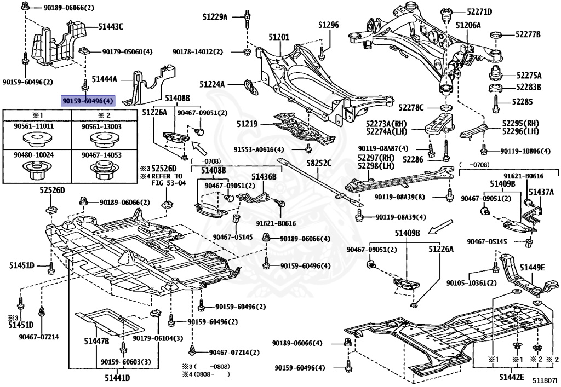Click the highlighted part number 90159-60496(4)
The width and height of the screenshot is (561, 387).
coord(88,101)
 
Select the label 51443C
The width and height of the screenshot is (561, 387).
coord(111,26)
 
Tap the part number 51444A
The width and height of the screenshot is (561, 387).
coord(105,79)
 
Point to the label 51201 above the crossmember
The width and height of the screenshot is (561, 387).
coord(278,37)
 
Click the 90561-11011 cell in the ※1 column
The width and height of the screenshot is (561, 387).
coord(37,126)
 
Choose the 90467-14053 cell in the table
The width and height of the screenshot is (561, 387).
coord(101,155)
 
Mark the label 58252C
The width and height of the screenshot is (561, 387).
coord(318,163)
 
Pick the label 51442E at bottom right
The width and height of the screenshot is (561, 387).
coord(511,377)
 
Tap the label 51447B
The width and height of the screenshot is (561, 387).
coord(96,342)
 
